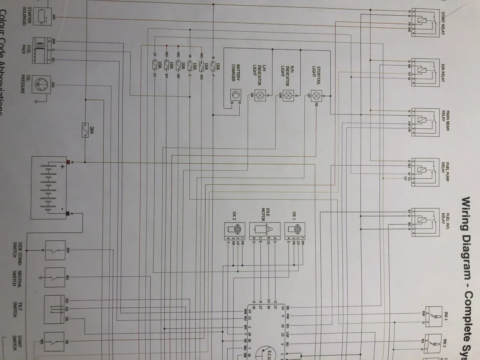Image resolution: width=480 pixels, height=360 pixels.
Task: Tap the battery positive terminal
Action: [x=68, y=162]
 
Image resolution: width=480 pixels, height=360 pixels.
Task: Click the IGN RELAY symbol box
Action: [x=424, y=70]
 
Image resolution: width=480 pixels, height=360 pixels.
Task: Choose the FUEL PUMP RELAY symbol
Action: [x=424, y=170]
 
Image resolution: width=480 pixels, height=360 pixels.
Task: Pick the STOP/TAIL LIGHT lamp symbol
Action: [x=317, y=96]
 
